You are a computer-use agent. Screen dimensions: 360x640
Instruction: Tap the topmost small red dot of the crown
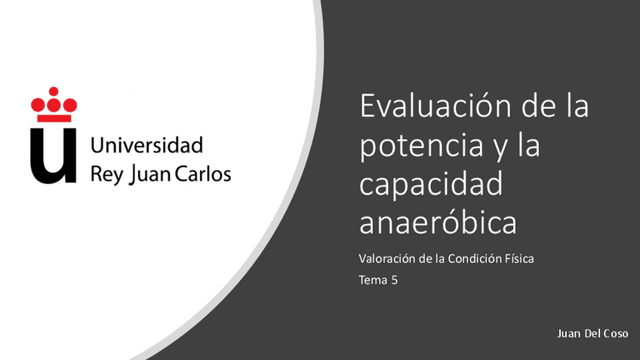[54, 91]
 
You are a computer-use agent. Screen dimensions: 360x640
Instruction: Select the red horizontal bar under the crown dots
[54, 118]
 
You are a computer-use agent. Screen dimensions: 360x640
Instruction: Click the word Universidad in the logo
[147, 144]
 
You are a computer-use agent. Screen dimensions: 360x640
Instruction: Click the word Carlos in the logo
[203, 174]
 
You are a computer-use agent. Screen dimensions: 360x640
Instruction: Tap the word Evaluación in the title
[436, 106]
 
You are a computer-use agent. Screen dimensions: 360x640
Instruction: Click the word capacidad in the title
[431, 185]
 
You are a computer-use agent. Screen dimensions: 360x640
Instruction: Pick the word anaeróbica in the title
[438, 223]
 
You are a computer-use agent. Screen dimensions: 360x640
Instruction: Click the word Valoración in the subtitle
[386, 259]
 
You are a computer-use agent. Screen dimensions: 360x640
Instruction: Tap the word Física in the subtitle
[519, 259]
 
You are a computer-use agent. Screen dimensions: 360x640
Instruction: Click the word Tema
[373, 281]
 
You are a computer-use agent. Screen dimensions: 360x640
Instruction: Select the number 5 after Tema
[394, 281]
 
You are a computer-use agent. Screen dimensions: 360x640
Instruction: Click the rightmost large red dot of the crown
[70, 104]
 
